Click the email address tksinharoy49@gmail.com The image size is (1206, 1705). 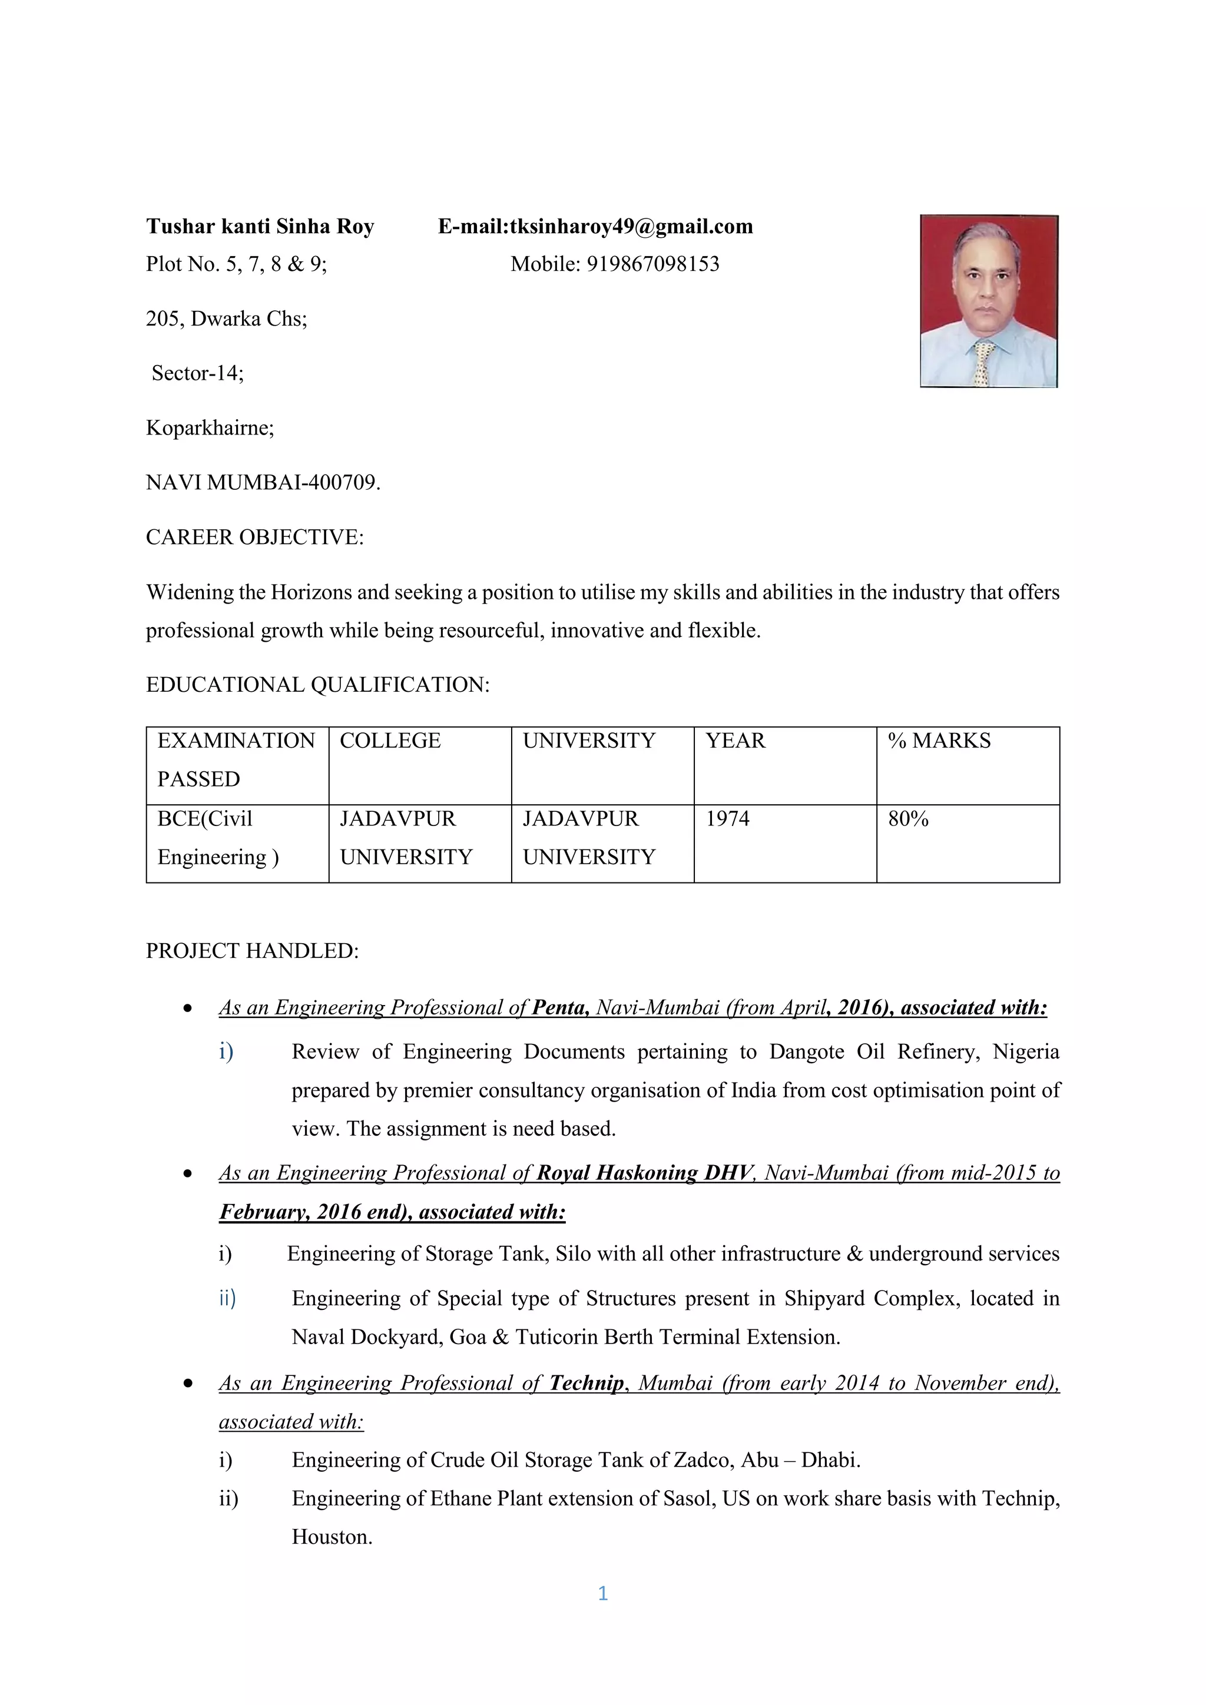(631, 227)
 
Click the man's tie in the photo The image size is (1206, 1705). (984, 363)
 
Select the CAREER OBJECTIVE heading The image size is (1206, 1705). (255, 537)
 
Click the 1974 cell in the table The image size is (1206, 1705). (727, 818)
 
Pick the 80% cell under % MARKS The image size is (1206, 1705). (907, 818)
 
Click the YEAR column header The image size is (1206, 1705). (734, 741)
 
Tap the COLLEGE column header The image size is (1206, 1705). (390, 741)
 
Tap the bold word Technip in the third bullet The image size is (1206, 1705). (587, 1383)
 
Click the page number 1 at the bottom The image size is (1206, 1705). (603, 1594)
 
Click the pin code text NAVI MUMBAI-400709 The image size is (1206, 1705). (263, 483)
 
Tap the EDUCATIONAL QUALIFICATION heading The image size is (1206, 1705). (317, 685)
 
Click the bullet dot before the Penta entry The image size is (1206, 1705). (188, 1009)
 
